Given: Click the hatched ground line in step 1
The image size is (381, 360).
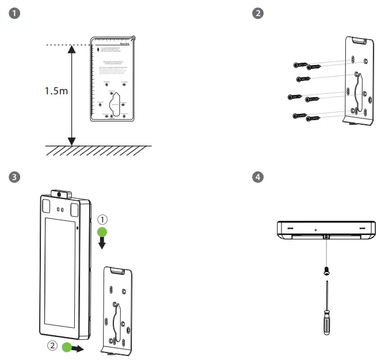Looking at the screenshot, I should click(98, 150).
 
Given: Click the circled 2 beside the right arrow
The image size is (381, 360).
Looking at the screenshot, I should click(52, 347).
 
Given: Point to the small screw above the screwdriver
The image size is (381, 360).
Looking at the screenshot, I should click(326, 269).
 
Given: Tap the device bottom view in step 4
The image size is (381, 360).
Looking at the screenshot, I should click(326, 229).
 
